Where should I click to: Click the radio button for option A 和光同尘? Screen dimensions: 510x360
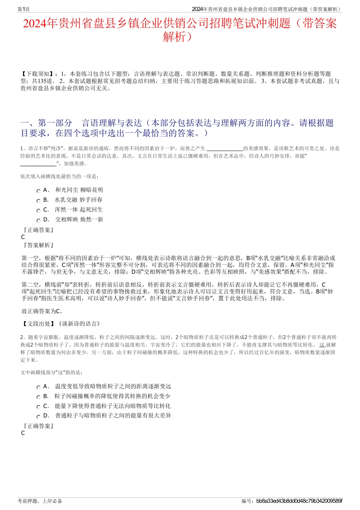coord(38,191)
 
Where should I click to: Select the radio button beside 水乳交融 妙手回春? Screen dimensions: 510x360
coord(38,201)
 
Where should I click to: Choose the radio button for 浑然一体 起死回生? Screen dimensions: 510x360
coord(38,210)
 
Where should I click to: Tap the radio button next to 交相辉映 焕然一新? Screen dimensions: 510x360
coord(38,220)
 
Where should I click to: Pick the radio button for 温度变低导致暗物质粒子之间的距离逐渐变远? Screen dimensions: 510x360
coord(38,387)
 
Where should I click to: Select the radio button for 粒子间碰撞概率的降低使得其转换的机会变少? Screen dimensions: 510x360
coord(38,397)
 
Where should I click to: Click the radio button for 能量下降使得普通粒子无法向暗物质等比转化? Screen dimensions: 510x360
coord(38,407)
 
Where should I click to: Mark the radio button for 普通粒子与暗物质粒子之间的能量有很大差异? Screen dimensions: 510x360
coord(38,416)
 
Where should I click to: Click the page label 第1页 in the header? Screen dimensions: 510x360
coord(24,9)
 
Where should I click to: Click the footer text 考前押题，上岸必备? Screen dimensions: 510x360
coord(40,501)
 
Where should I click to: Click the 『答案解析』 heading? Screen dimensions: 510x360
coord(38,245)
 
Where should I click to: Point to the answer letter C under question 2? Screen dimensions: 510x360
coord(23,433)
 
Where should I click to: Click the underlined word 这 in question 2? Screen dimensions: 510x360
coord(322,345)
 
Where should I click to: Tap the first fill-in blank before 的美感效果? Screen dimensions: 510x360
coord(225,149)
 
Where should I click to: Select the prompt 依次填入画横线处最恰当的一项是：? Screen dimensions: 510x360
coord(60,176)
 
